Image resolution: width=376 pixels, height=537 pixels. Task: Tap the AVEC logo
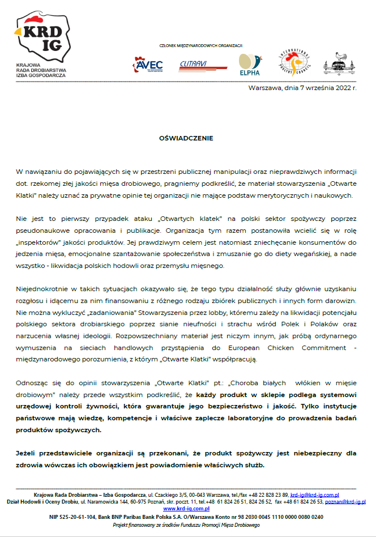click(148, 65)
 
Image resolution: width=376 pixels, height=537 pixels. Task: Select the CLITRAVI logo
click(196, 64)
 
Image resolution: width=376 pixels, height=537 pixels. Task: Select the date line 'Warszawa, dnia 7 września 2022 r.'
click(303, 88)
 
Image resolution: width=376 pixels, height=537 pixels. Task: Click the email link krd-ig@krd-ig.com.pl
click(315, 495)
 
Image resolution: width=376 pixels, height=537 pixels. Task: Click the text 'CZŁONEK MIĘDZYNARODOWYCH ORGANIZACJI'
click(201, 45)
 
